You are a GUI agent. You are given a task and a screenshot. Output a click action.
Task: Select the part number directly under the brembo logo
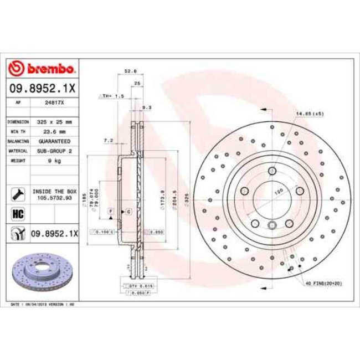[x=42, y=88]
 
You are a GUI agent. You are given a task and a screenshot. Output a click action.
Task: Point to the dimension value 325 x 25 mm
[x=54, y=121]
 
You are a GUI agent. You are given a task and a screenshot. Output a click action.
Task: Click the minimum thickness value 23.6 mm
[x=54, y=131]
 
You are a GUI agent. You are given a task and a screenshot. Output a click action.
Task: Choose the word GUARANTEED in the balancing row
[x=54, y=141]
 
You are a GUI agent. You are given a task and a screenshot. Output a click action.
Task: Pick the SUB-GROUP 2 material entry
[x=54, y=151]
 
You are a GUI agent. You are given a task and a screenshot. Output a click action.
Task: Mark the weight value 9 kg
[x=54, y=160]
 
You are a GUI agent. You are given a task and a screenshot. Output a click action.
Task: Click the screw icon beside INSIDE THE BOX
[x=18, y=194]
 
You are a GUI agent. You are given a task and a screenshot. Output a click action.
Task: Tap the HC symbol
[x=18, y=213]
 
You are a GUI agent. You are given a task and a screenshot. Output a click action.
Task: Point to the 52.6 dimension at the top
[x=130, y=71]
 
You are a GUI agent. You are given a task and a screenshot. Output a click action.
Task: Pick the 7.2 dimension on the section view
[x=108, y=141]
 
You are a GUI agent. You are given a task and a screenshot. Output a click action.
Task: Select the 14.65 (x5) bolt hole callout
[x=309, y=114]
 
